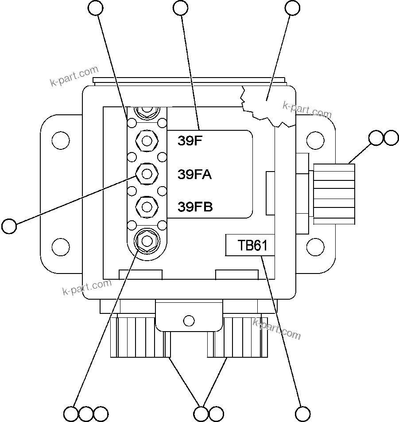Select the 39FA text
194,174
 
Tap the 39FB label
195,207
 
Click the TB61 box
250,245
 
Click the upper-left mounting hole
60,141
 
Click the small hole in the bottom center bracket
189,320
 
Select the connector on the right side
334,193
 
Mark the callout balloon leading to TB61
303,414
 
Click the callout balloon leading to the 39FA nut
9,226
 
